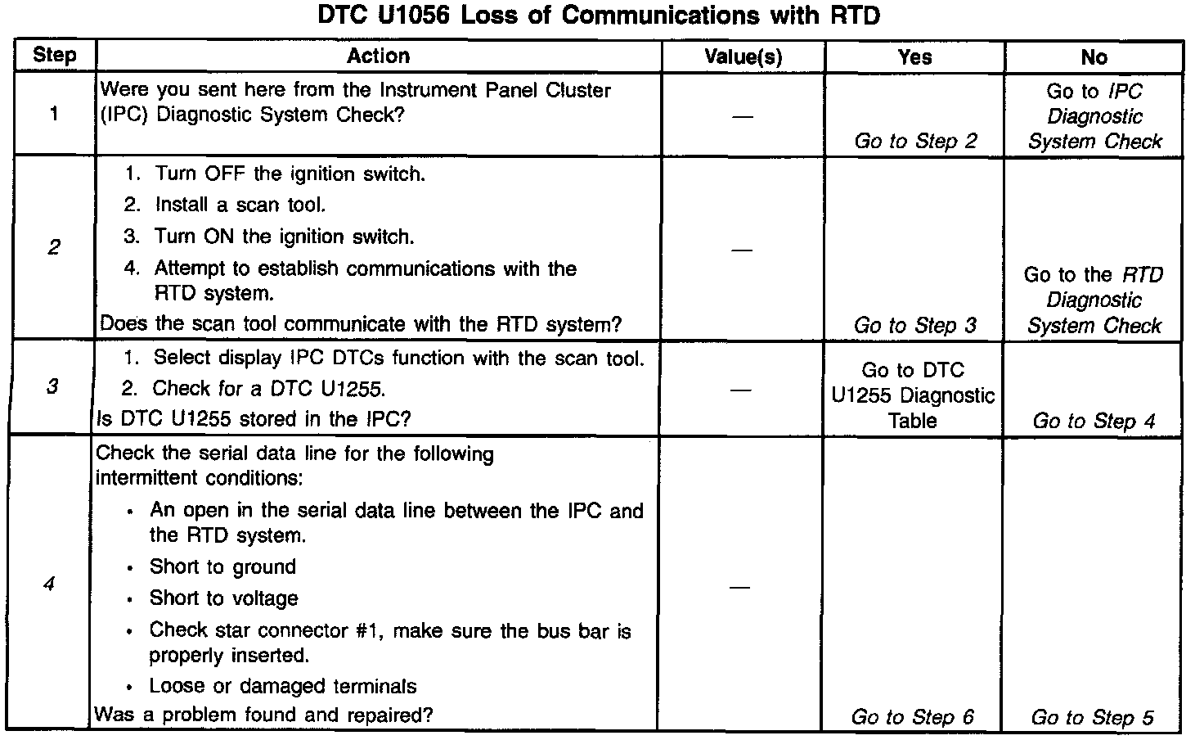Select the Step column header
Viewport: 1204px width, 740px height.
(x=55, y=56)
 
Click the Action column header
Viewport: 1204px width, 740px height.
(x=378, y=56)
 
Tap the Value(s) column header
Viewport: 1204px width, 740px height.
(x=743, y=56)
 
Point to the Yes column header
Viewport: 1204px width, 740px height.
(x=914, y=56)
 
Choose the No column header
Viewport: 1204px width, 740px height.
(x=1094, y=56)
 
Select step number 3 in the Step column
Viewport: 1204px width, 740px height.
(x=52, y=386)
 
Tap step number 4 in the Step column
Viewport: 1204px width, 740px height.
(x=50, y=584)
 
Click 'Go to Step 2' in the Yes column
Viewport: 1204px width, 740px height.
(x=915, y=141)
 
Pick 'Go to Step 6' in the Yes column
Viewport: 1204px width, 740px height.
(x=913, y=717)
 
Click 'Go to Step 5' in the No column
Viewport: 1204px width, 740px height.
(x=1093, y=717)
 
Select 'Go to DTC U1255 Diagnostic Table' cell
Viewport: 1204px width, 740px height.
(x=913, y=395)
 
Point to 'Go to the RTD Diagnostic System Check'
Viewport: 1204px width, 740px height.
(x=1094, y=300)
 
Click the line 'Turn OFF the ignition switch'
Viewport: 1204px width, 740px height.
(x=290, y=174)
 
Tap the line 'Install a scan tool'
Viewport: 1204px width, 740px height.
(x=240, y=205)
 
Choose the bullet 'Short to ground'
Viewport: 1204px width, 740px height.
(x=222, y=567)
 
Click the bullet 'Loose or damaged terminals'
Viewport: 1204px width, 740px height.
(x=283, y=686)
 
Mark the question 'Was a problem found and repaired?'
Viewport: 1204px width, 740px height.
(x=264, y=715)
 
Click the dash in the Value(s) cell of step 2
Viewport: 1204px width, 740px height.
(x=742, y=248)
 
